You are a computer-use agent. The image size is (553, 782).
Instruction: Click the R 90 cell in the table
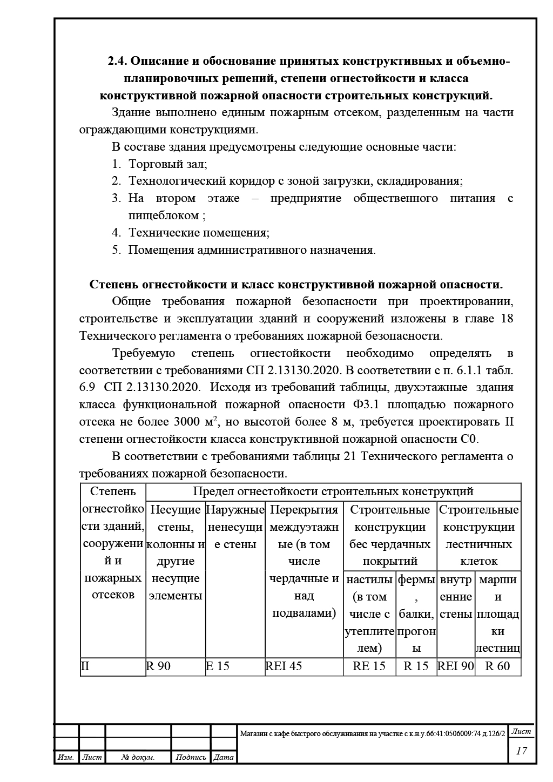click(158, 666)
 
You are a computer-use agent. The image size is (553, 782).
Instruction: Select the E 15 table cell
click(218, 666)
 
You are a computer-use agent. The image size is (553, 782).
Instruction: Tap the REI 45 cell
click(284, 666)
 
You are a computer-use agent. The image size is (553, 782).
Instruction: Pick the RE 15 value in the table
click(369, 666)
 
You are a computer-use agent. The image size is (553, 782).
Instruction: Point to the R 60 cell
click(497, 666)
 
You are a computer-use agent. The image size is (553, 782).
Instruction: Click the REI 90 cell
click(455, 666)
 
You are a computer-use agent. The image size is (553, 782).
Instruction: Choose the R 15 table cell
click(416, 666)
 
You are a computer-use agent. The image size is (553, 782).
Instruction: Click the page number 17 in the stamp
click(522, 751)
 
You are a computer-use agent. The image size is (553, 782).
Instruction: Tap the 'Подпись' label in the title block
click(191, 758)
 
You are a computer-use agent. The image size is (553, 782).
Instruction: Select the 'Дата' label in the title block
click(224, 758)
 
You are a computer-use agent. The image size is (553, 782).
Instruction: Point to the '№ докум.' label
click(138, 758)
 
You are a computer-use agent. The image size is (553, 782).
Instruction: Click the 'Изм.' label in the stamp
click(65, 758)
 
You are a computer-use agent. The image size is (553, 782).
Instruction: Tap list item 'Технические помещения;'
click(199, 233)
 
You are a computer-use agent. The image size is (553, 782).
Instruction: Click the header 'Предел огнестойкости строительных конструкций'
click(333, 491)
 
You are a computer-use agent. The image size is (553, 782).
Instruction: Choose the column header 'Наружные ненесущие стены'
click(235, 527)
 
